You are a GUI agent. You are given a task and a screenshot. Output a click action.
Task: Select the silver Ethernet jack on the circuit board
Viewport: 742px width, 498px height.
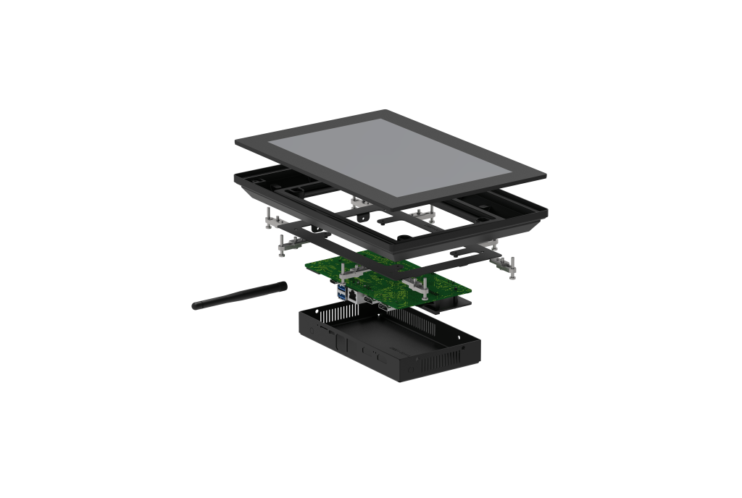(351, 295)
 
